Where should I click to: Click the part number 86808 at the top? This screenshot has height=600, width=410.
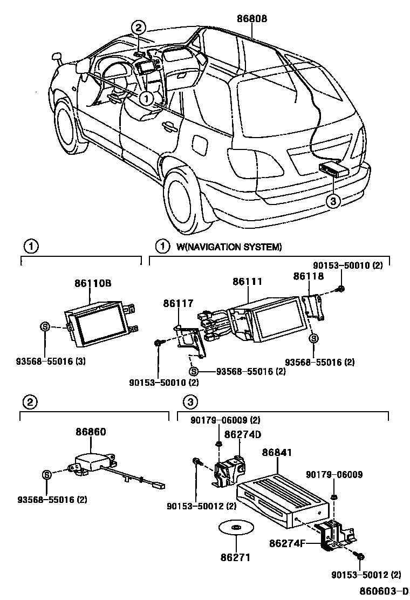[x=251, y=18]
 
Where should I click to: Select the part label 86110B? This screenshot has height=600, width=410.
[x=92, y=283]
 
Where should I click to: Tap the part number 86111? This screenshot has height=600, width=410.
[x=248, y=282]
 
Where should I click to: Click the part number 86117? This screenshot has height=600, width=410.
[x=178, y=304]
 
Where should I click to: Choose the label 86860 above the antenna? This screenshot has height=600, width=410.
[x=91, y=432]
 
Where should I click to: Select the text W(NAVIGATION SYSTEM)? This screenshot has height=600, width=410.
[x=229, y=247]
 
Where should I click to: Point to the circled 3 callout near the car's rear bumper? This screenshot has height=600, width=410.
[x=333, y=201]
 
